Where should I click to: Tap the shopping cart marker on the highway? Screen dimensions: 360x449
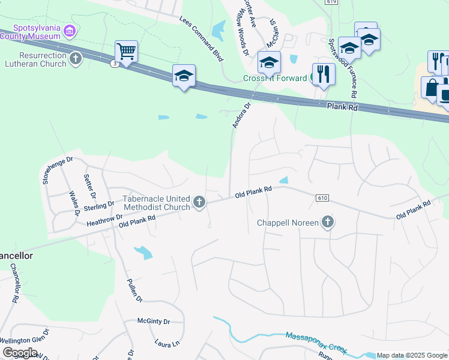(126, 52)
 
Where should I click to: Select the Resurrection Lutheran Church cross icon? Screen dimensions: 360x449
(76, 58)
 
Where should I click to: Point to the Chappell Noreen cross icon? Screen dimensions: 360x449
(327, 223)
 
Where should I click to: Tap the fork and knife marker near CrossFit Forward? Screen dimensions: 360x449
(323, 74)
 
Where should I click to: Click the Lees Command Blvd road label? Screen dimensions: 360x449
(201, 38)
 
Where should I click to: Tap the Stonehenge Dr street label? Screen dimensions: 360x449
(57, 170)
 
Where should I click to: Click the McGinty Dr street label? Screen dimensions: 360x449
(154, 322)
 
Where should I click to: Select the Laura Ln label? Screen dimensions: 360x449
(167, 344)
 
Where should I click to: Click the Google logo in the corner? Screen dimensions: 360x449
(20, 353)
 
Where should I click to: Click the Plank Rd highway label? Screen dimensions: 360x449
(342, 106)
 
